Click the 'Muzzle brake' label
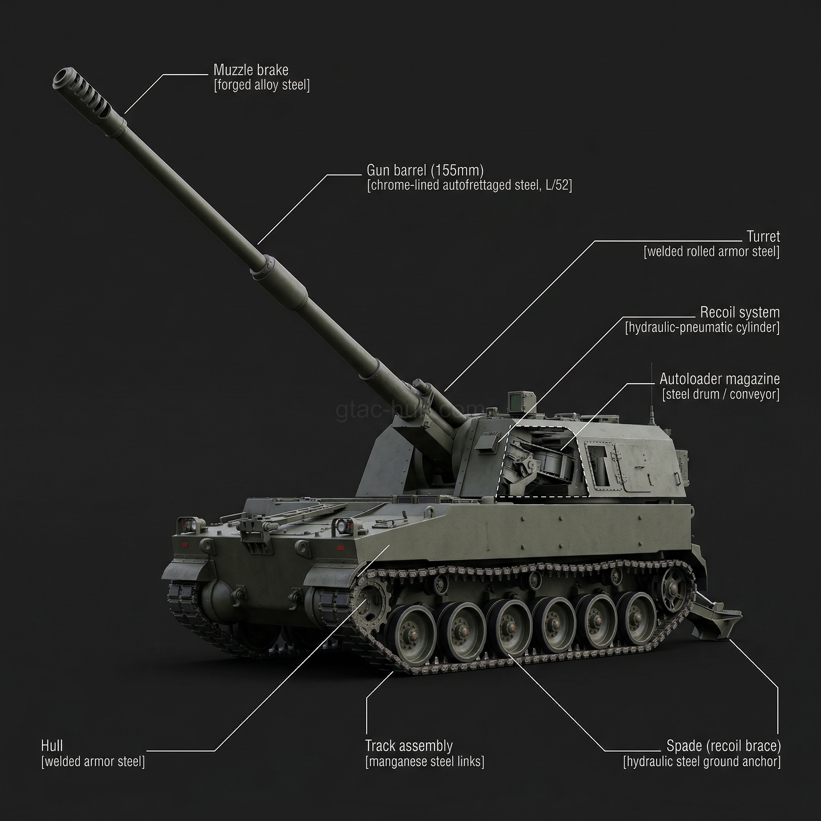point(251,70)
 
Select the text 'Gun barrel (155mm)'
point(425,170)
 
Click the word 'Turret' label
point(763,236)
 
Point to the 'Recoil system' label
point(740,312)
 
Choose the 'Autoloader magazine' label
point(720,378)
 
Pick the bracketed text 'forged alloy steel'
point(262,85)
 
